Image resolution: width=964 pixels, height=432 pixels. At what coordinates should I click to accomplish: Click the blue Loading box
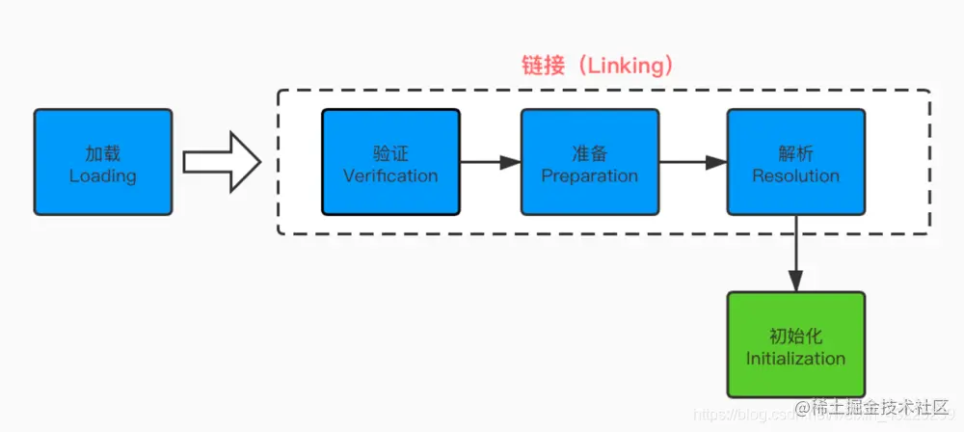[103, 162]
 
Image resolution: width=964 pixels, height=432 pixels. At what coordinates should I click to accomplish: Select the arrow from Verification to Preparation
[490, 162]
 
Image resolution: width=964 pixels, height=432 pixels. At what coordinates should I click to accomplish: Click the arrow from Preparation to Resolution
[692, 162]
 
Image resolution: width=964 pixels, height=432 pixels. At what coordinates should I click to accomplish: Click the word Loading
[103, 176]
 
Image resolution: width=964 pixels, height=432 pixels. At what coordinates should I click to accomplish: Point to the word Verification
[390, 176]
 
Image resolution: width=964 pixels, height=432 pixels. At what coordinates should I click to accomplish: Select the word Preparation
[590, 176]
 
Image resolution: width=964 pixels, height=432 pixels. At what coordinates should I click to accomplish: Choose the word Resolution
[795, 176]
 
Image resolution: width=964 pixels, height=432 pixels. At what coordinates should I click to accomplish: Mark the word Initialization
[795, 359]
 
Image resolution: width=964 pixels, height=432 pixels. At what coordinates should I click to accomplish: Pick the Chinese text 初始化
[795, 337]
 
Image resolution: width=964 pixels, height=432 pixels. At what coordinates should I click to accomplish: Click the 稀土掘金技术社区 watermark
[872, 406]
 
